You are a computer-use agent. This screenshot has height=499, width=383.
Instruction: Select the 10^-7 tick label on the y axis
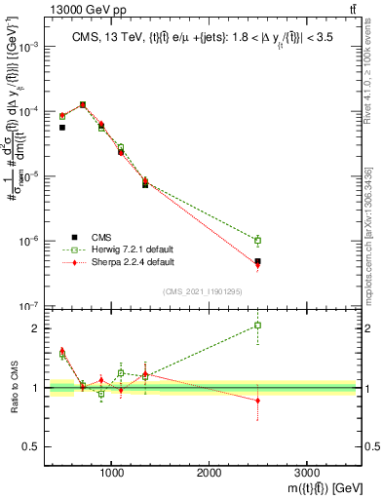(x=29, y=306)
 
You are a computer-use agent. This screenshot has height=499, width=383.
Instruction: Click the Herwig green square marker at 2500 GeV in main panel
(x=257, y=240)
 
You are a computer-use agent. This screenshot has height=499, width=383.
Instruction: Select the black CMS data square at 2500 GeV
(x=257, y=261)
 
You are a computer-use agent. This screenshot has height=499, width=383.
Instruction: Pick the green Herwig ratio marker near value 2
(x=257, y=326)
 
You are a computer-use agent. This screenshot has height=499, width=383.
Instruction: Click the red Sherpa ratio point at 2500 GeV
(x=257, y=401)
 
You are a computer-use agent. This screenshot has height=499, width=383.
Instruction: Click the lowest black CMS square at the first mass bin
(x=62, y=128)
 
